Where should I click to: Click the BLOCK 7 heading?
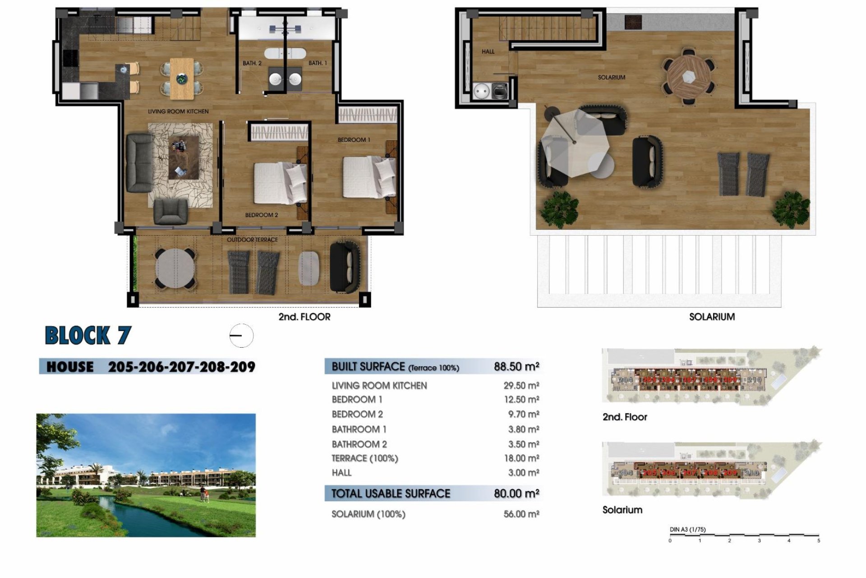tap(88, 336)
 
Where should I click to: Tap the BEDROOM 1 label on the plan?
tap(354, 140)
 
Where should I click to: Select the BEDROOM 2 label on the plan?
tap(261, 215)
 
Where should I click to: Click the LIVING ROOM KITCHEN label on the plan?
tap(178, 112)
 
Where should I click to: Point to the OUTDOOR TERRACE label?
tap(252, 240)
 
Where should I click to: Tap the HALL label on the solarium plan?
tap(488, 52)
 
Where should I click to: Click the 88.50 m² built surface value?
tap(516, 367)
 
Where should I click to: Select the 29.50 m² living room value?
tap(521, 386)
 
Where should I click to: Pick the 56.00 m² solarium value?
tap(521, 514)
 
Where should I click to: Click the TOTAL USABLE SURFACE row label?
tap(391, 494)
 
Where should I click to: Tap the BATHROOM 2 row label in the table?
tap(359, 444)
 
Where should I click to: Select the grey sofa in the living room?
tap(139, 162)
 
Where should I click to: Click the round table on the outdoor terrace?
tap(175, 268)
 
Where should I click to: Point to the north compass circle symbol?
tap(241, 336)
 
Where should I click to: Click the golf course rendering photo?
tap(146, 475)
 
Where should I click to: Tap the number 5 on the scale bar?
tap(818, 541)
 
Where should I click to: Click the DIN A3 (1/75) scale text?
tap(687, 529)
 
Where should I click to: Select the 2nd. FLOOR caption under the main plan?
tap(304, 317)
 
